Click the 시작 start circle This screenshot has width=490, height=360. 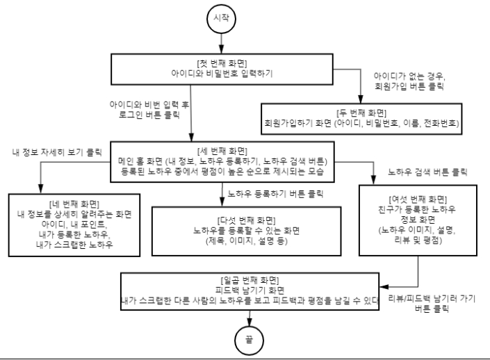pyautogui.click(x=221, y=19)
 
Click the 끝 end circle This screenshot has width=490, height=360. pyautogui.click(x=249, y=341)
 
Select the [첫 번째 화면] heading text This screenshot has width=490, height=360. pyautogui.click(x=222, y=63)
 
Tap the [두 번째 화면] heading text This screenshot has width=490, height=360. pyautogui.click(x=361, y=113)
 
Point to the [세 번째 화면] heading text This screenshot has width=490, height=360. pyautogui.click(x=222, y=152)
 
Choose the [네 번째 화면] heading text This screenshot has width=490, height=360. pyautogui.click(x=74, y=204)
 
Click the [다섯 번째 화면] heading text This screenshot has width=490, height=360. pyautogui.click(x=246, y=220)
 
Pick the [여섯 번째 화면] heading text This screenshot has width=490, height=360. pyautogui.click(x=418, y=199)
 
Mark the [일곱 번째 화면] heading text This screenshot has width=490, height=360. pyautogui.click(x=250, y=280)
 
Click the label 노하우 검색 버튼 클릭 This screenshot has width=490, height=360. pyautogui.click(x=427, y=172)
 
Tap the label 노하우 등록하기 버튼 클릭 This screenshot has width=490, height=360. pyautogui.click(x=275, y=194)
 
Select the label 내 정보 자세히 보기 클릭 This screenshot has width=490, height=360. pyautogui.click(x=57, y=152)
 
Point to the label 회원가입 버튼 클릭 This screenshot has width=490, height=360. pyautogui.click(x=409, y=86)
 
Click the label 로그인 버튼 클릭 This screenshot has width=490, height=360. pyautogui.click(x=149, y=115)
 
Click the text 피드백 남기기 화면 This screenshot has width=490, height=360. pyautogui.click(x=250, y=290)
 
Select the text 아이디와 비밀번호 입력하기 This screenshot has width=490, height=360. pyautogui.click(x=222, y=74)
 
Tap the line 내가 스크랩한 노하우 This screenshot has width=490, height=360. pyautogui.click(x=74, y=245)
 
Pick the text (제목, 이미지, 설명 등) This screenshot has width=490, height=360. pyautogui.click(x=246, y=240)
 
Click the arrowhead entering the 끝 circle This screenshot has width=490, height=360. pyautogui.click(x=249, y=322)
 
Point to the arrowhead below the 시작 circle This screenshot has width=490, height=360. pyautogui.click(x=221, y=49)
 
